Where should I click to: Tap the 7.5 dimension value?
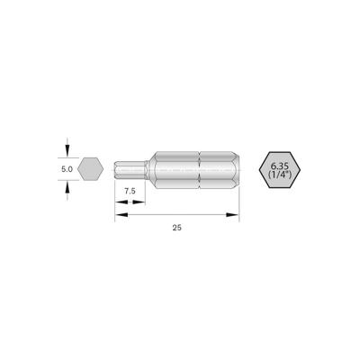(x=130, y=191)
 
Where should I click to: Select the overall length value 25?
(x=176, y=229)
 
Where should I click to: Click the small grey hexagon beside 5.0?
(x=89, y=167)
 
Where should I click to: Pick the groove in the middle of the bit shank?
(x=200, y=167)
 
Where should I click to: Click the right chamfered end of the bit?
(x=237, y=167)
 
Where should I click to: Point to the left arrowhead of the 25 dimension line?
(x=119, y=214)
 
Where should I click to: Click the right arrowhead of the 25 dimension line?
(x=237, y=214)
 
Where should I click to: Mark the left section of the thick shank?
(x=175, y=167)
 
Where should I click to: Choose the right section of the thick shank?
(x=218, y=167)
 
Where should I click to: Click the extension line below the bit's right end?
(x=241, y=202)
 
